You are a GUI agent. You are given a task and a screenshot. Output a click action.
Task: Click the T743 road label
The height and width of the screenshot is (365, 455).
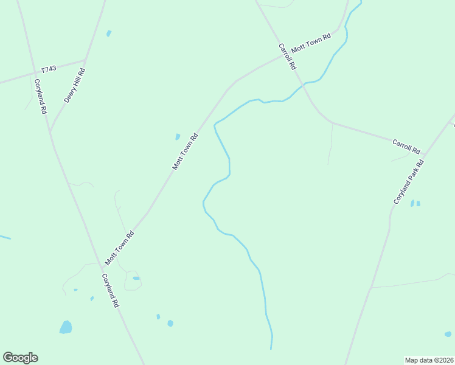tap(49, 69)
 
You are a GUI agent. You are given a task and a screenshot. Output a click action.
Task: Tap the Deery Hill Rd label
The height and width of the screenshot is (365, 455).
tap(74, 85)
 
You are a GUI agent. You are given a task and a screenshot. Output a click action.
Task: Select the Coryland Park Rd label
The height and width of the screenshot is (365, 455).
tap(408, 182)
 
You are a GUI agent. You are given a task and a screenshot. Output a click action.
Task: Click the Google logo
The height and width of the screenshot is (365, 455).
tap(20, 358)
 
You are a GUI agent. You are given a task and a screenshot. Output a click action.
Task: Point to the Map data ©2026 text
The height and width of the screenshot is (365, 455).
tap(429, 360)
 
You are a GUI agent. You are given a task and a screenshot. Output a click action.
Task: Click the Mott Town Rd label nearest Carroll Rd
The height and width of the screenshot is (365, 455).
tap(311, 43)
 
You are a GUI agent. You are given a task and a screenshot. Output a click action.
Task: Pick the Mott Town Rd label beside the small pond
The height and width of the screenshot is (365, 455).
tap(186, 151)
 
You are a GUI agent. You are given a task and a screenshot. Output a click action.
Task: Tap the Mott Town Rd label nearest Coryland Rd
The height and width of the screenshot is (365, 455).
tap(119, 248)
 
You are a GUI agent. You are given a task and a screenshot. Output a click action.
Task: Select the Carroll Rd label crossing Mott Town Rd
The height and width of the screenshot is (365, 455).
tap(287, 56)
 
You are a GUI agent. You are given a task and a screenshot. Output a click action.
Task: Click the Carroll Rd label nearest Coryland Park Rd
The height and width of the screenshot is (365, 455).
tap(406, 146)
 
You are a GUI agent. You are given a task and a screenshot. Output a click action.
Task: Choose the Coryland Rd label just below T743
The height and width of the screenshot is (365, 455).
tap(41, 97)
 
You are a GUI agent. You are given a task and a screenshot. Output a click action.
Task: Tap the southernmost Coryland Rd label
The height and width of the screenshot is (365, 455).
tap(110, 290)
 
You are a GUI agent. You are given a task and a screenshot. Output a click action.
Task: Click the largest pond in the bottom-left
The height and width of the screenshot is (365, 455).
tap(66, 327)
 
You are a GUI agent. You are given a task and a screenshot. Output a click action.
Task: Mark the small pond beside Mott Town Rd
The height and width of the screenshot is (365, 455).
tap(178, 137)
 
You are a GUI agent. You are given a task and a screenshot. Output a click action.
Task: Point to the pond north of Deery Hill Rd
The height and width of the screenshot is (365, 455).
tap(109, 33)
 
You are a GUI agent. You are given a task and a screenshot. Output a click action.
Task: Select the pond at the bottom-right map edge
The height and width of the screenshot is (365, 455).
tap(448, 333)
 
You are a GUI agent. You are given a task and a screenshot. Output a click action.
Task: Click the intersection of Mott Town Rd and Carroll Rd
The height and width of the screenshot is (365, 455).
tap(282, 55)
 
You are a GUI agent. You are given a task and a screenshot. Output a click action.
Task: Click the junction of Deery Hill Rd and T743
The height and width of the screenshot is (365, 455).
tap(85, 60)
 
